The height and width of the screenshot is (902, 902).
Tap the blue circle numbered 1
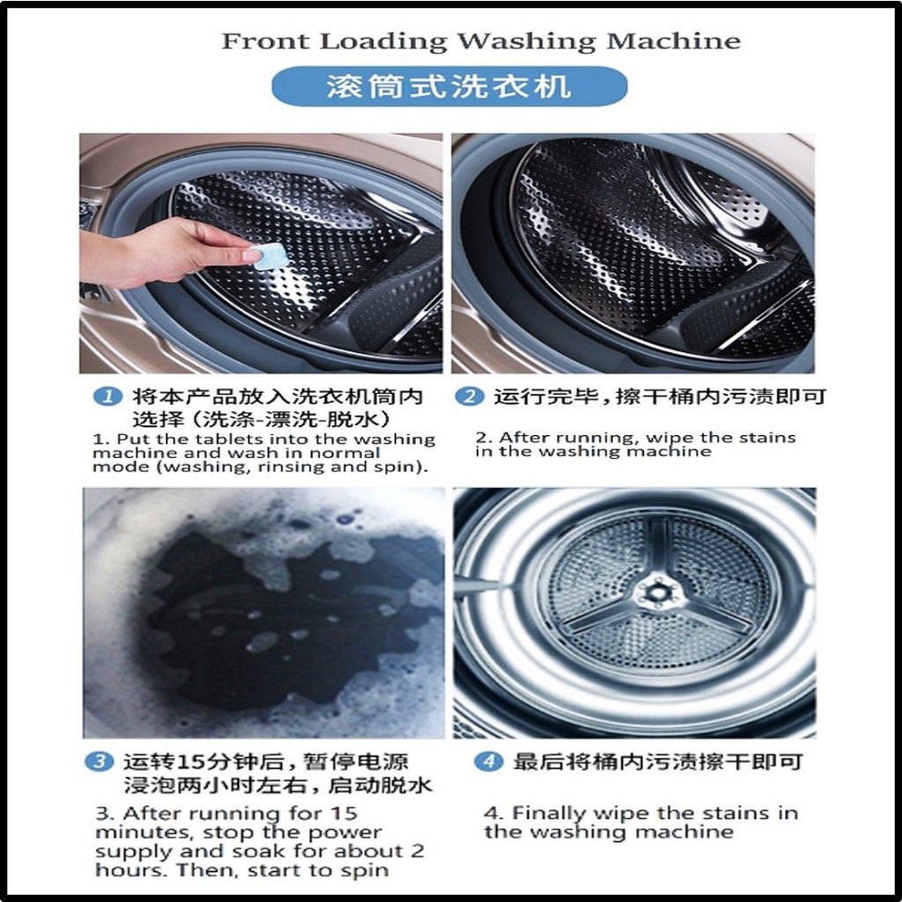click(x=107, y=396)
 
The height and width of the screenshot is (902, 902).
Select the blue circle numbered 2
click(x=469, y=396)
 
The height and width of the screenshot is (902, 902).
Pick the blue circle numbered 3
click(x=100, y=762)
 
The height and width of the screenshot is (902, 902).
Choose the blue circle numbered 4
click(x=489, y=762)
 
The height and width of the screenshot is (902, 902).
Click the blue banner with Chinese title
click(x=449, y=86)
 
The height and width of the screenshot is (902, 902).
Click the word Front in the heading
click(x=265, y=41)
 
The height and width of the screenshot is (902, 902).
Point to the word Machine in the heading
click(x=673, y=41)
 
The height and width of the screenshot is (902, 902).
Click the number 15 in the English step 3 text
click(x=344, y=813)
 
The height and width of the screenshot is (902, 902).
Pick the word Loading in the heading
click(x=383, y=41)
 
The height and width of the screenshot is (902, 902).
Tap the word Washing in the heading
click(x=526, y=41)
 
